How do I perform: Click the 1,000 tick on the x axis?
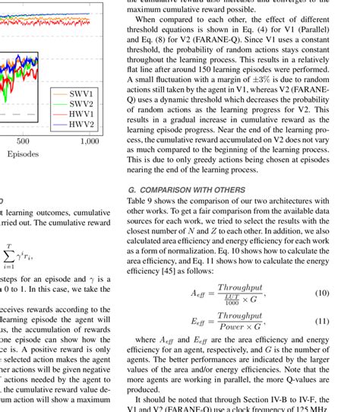(89, 141)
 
